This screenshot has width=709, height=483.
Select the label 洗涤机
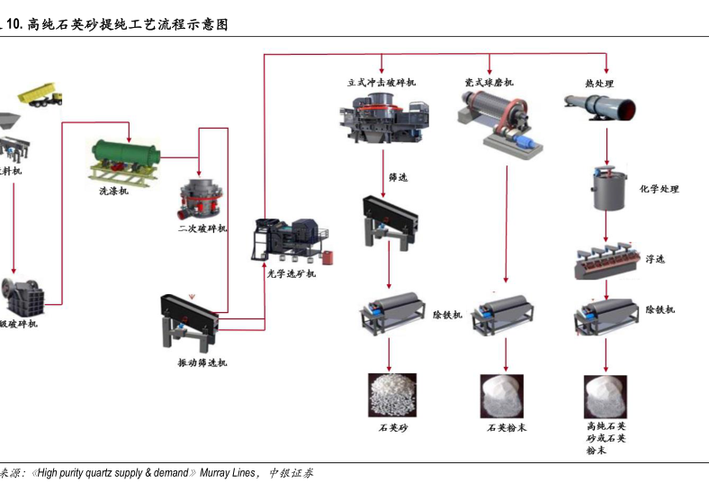tap(113, 191)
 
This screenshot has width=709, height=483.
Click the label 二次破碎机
tap(202, 228)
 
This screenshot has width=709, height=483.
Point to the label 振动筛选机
tap(202, 362)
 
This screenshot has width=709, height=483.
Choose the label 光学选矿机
tap(291, 273)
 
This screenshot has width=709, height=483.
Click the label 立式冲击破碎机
tap(381, 83)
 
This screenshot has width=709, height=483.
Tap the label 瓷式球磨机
tap(489, 83)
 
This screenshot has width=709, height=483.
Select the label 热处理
tap(598, 83)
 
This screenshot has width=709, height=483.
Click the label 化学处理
tap(659, 190)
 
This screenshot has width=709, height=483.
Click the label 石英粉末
tap(507, 427)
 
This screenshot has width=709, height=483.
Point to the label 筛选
tap(398, 177)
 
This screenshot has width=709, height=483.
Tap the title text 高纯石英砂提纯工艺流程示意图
tap(128, 24)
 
